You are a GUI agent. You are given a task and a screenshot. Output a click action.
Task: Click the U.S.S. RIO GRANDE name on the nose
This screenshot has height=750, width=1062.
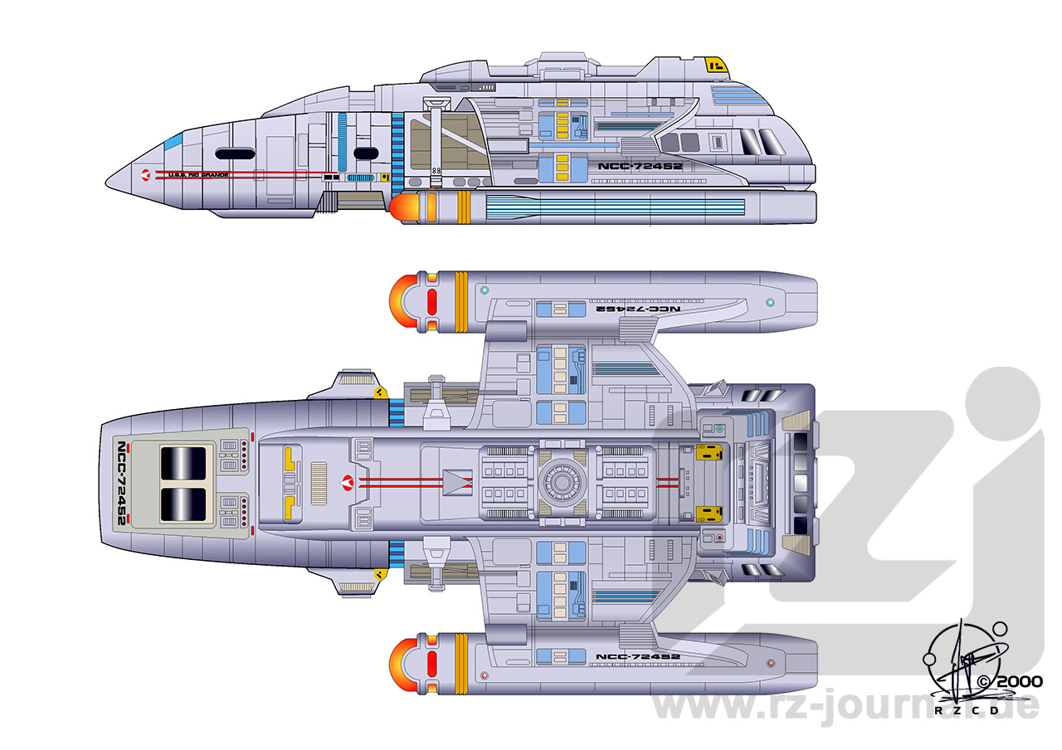tap(197, 174)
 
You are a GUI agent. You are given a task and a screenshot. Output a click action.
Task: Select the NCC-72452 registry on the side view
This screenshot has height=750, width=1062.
tap(640, 166)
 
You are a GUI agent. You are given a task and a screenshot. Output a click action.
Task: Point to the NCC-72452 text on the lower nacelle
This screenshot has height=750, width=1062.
tap(638, 657)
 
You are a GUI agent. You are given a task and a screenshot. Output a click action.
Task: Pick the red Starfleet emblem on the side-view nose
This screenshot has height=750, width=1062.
tap(147, 174)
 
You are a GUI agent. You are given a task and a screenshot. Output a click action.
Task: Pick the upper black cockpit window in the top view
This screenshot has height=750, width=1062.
tap(182, 462)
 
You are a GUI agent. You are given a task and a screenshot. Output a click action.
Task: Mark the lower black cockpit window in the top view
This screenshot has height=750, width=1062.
tap(182, 504)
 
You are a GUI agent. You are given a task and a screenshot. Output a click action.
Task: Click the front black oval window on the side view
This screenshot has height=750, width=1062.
tap(234, 153)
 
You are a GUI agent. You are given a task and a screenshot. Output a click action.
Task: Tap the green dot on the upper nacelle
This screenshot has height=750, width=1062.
tap(771, 301)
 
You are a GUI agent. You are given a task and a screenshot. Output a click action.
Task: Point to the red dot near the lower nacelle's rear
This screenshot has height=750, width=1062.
tap(771, 664)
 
